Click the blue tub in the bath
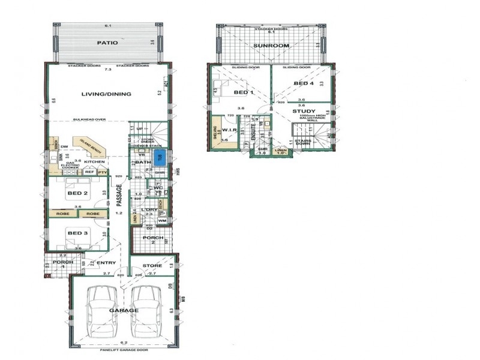point(158,159)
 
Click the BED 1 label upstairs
point(242,93)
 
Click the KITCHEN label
point(94,162)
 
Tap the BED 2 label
point(78,193)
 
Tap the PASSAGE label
point(119,196)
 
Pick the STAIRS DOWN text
point(302,140)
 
